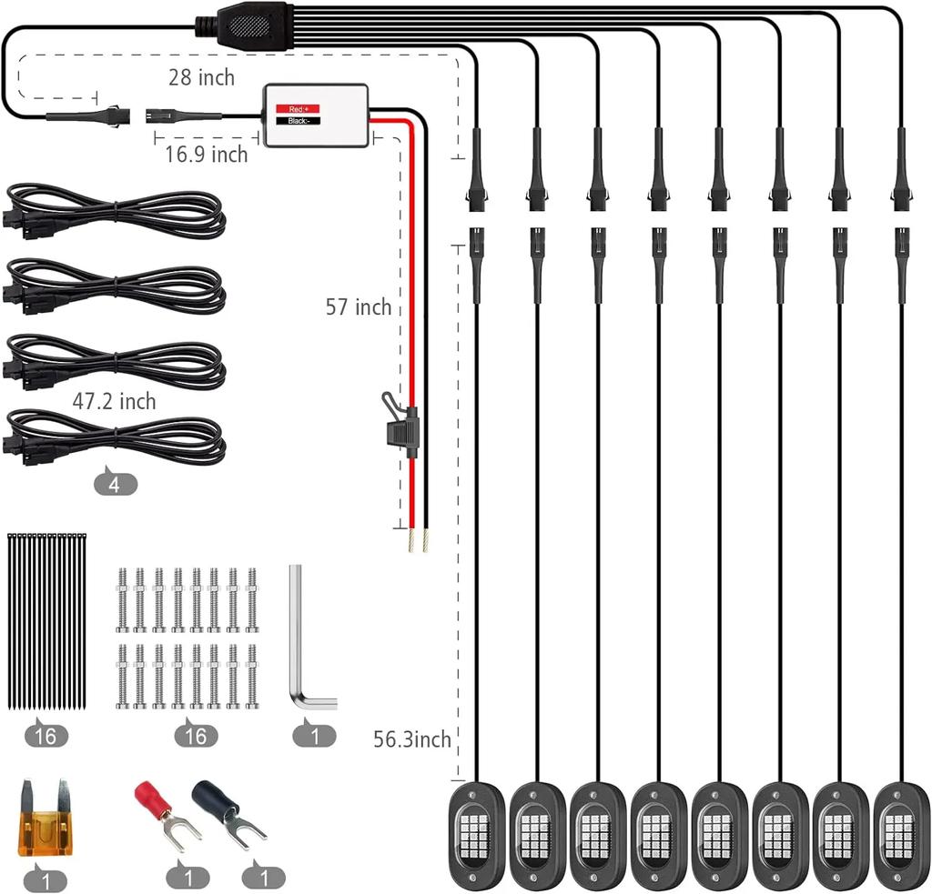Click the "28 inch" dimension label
[201, 77]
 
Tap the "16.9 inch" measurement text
[206, 155]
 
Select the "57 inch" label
[359, 307]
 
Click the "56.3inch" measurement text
[412, 739]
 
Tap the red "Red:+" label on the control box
[299, 107]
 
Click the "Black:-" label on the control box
[299, 120]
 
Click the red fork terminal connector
[160, 811]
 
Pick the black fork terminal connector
[228, 812]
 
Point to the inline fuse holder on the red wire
[402, 426]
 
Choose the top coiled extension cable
[116, 211]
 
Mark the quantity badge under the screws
[196, 735]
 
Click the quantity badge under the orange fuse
[46, 879]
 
